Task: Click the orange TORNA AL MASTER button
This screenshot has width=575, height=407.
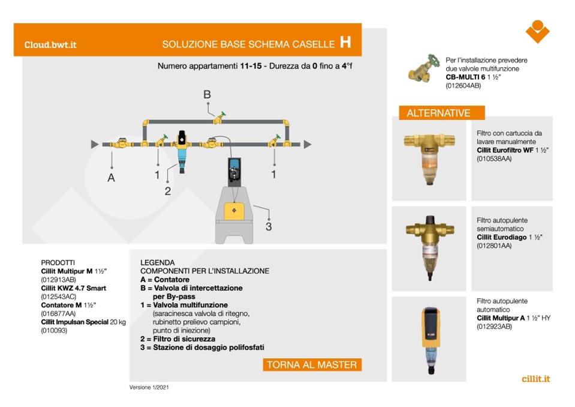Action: [312, 365]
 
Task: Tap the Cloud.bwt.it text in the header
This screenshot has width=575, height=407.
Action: [50, 44]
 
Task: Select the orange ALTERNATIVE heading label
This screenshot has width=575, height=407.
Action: [439, 113]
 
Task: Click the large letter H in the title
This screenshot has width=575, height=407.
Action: [345, 42]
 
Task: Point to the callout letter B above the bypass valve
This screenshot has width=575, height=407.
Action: [207, 94]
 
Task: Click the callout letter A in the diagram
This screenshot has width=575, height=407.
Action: [111, 178]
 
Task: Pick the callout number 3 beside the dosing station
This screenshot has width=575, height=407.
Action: [269, 226]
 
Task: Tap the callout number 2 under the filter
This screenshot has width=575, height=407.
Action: [168, 191]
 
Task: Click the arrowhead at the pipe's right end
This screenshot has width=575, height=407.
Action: [308, 144]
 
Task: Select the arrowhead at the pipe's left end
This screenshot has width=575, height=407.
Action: [94, 144]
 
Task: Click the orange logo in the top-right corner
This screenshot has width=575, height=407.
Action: [537, 32]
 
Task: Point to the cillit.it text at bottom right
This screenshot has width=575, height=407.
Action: [535, 379]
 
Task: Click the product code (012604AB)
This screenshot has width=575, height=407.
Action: [463, 86]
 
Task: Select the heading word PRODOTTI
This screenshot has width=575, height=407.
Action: [58, 262]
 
